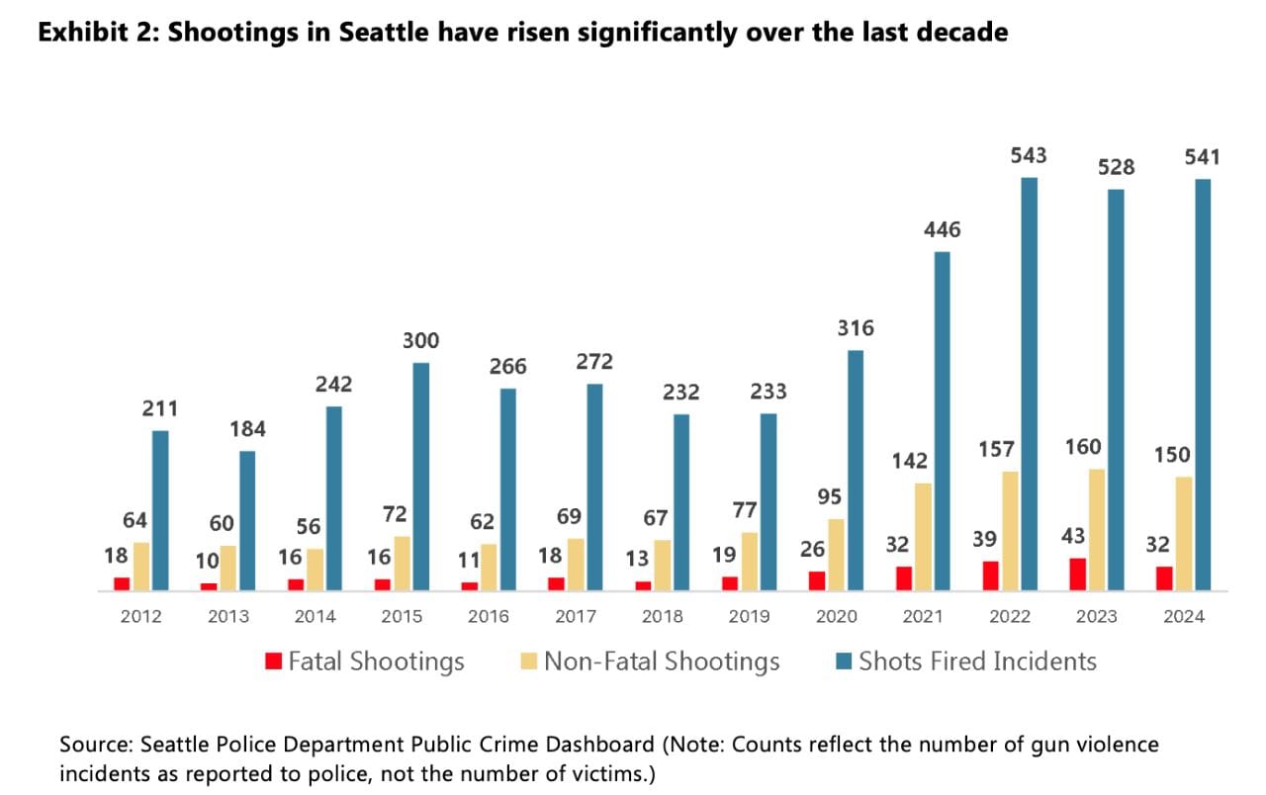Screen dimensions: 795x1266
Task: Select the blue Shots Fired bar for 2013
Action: coord(247,521)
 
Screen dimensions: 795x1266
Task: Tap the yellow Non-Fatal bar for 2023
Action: coord(1096,529)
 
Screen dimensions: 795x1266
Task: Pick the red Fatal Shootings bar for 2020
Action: coord(816,581)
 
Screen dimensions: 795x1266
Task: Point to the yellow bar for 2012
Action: coord(141,567)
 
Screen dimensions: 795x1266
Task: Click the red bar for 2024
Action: coord(1164,578)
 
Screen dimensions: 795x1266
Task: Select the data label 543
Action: coord(1029,156)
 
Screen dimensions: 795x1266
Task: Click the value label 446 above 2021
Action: coord(942,230)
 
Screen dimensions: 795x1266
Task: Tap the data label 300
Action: coord(420,341)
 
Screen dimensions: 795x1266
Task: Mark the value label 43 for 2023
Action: coord(1071,536)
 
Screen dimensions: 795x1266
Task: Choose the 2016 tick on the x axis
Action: coord(489,616)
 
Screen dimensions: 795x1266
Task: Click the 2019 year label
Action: coord(750,616)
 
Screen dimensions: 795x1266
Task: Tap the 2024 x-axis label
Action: coord(1184,616)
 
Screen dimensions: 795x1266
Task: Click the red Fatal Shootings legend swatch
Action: coord(274,661)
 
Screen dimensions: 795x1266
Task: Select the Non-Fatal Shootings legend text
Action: coord(662,662)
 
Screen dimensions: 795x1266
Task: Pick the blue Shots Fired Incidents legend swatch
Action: coord(845,661)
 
